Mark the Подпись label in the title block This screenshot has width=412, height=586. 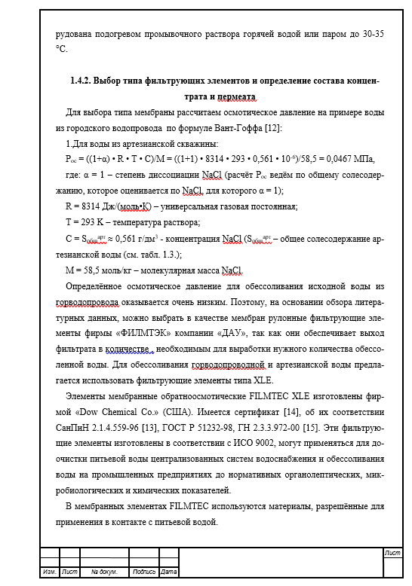pyautogui.click(x=144, y=572)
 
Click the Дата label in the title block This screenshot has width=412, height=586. pyautogui.click(x=169, y=572)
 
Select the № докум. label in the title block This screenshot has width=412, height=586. pyautogui.click(x=104, y=572)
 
